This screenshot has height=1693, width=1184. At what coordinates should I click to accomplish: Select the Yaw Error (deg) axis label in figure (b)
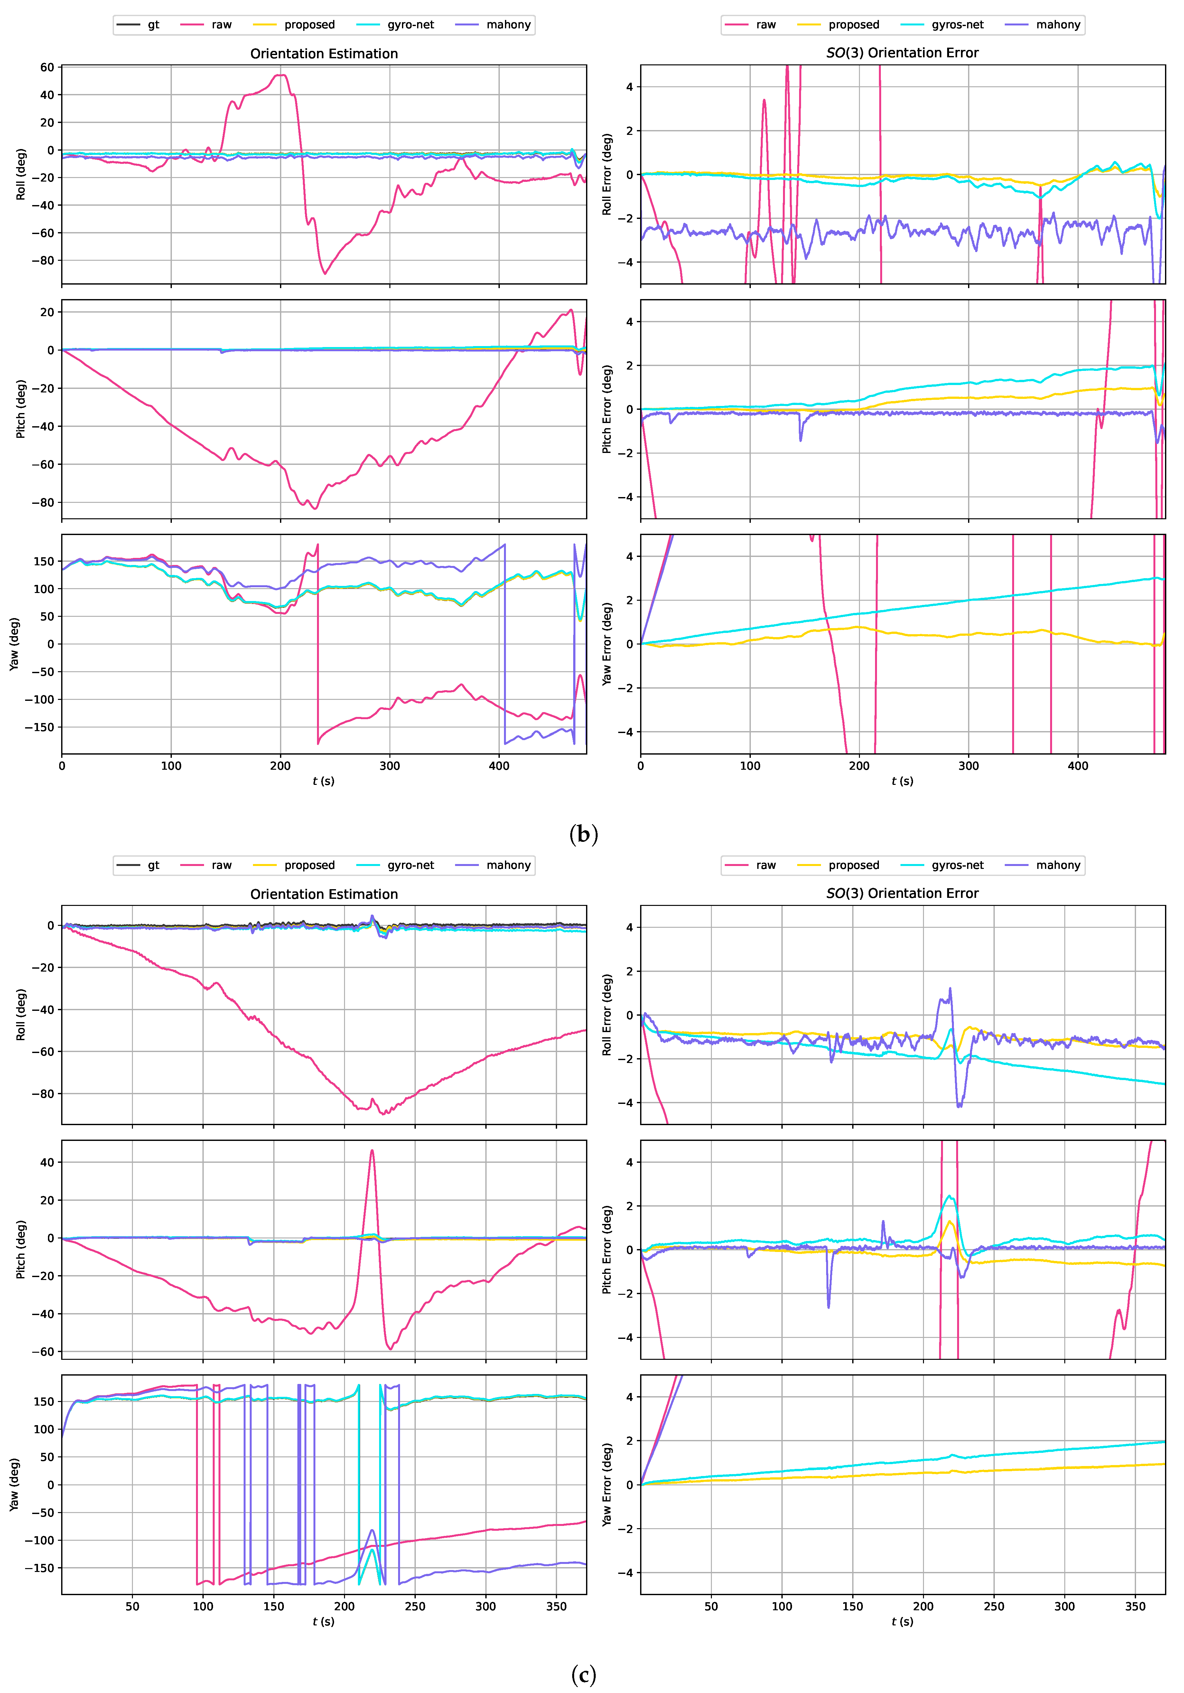pyautogui.click(x=607, y=644)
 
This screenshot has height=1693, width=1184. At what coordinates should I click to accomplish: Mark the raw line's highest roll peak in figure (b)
pyautogui.click(x=280, y=74)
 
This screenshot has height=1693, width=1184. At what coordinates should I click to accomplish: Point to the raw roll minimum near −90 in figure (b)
pyautogui.click(x=324, y=274)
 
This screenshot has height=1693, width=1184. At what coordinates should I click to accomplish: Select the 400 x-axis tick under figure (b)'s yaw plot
pyautogui.click(x=499, y=766)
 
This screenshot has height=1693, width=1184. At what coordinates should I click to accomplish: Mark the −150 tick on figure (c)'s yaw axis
pyautogui.click(x=39, y=1568)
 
